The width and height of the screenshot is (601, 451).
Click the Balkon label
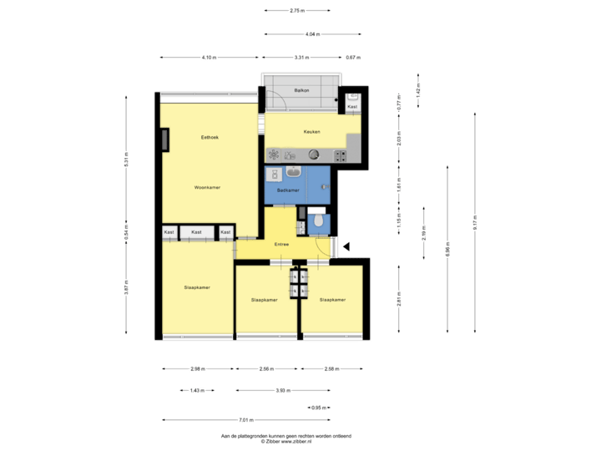click(302, 90)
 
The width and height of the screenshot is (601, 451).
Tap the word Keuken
click(311, 131)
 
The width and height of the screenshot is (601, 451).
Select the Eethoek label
click(210, 137)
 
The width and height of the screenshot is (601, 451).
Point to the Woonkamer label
click(207, 187)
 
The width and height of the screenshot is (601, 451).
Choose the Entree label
click(281, 244)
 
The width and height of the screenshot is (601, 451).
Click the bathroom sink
click(293, 173)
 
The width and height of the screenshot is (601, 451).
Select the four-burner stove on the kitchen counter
click(341, 155)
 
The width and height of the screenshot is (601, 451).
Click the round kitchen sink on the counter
click(314, 154)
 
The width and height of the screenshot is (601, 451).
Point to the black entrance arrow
click(346, 245)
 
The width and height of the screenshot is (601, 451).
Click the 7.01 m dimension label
click(245, 419)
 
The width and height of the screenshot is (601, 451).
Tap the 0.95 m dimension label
click(318, 408)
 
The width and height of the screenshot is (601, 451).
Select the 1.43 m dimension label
click(197, 390)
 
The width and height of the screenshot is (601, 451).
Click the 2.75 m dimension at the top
click(296, 11)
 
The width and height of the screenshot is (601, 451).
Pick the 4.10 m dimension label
click(208, 58)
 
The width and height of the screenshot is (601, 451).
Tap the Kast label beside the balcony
click(352, 107)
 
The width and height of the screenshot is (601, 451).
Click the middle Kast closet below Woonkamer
click(196, 231)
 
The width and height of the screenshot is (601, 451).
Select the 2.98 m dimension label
click(198, 368)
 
